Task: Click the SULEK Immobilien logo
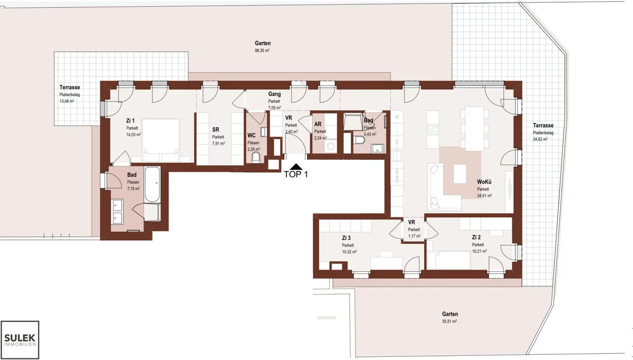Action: tap(20, 339)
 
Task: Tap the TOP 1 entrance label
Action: tap(295, 175)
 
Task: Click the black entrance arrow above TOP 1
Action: tap(296, 167)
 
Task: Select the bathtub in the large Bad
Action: tap(152, 184)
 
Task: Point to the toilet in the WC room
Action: tap(256, 157)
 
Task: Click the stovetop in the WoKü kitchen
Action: tap(433, 129)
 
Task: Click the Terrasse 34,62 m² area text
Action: tap(540, 139)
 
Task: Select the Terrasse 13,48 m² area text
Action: tap(66, 101)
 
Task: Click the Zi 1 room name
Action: tap(130, 121)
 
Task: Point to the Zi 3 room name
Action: tap(346, 238)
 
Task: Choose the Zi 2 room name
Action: tap(476, 237)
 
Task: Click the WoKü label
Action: tap(484, 182)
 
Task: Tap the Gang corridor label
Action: tap(274, 94)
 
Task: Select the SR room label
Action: tap(216, 129)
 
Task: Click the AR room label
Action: tap(318, 124)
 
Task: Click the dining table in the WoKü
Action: tap(475, 128)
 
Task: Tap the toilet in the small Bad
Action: tap(359, 140)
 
